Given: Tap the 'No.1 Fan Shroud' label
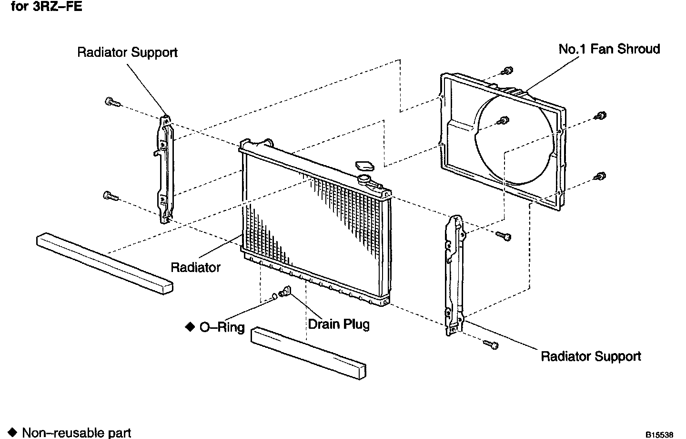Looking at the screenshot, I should pos(609,49).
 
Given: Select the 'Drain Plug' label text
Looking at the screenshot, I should pos(338,324).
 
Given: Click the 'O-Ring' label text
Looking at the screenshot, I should pos(222,327).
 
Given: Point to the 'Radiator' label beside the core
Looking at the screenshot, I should pos(195,267).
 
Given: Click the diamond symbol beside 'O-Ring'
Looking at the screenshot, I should pos(190,326).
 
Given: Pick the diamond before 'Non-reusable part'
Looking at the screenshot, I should pos(12,432).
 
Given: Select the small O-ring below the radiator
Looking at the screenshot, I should pos(275,297).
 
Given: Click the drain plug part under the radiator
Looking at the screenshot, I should pos(285,292).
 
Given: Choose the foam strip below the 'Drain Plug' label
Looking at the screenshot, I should pos(308,353).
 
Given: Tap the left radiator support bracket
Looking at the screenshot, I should pos(165,169).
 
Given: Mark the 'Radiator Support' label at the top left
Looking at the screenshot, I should pos(127,52).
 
